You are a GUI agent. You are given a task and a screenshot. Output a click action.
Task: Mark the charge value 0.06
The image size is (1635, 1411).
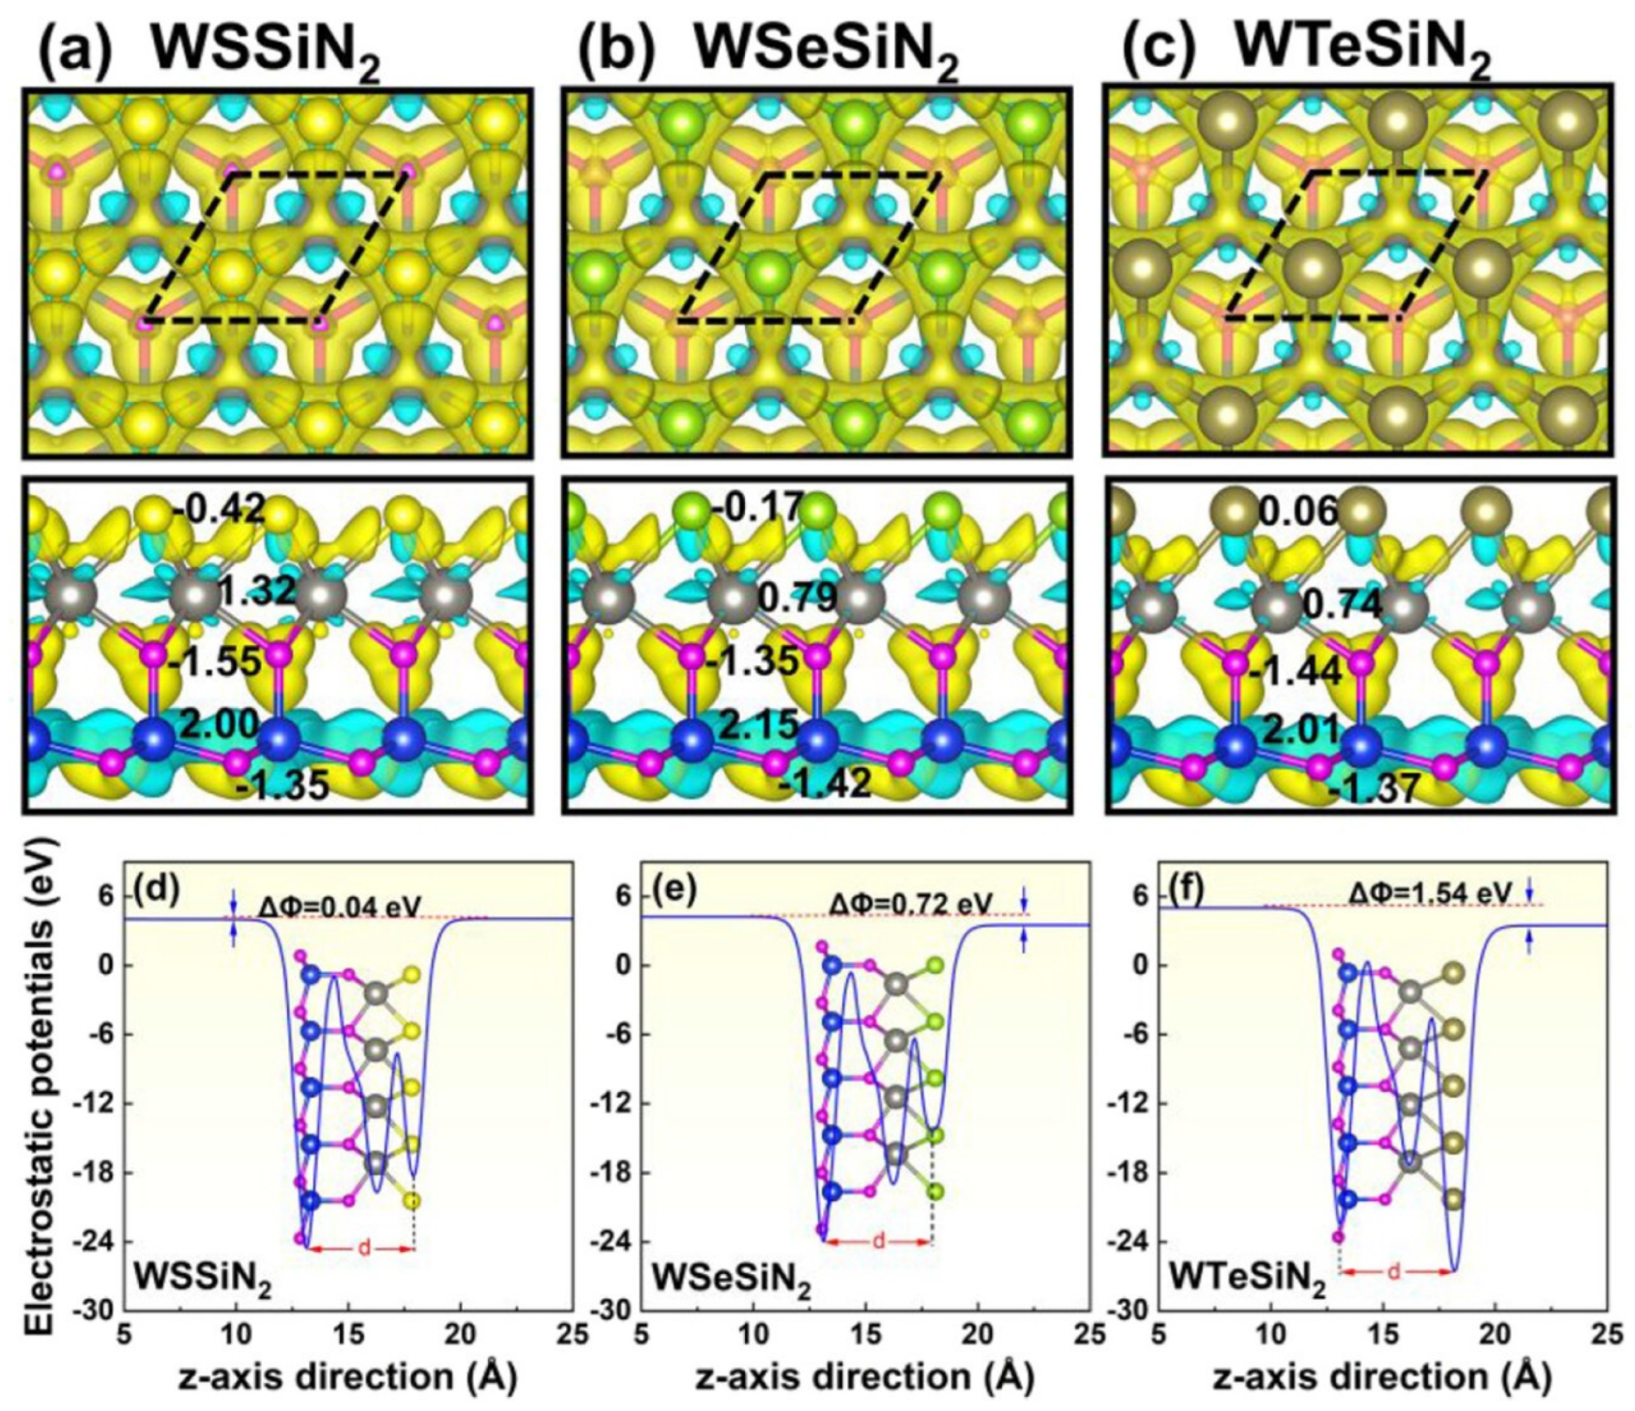(x=1299, y=514)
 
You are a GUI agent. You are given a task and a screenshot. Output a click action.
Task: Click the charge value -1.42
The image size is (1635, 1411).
(x=825, y=782)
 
